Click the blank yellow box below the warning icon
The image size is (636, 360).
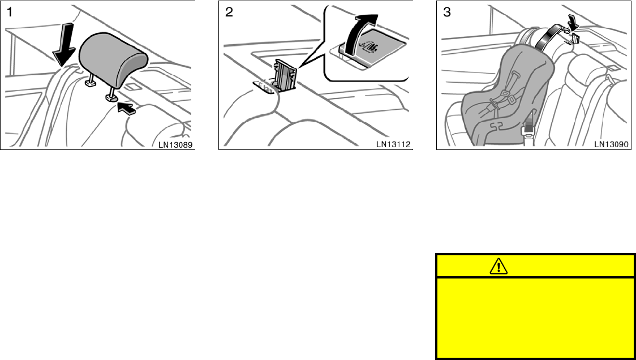click(x=535, y=317)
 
